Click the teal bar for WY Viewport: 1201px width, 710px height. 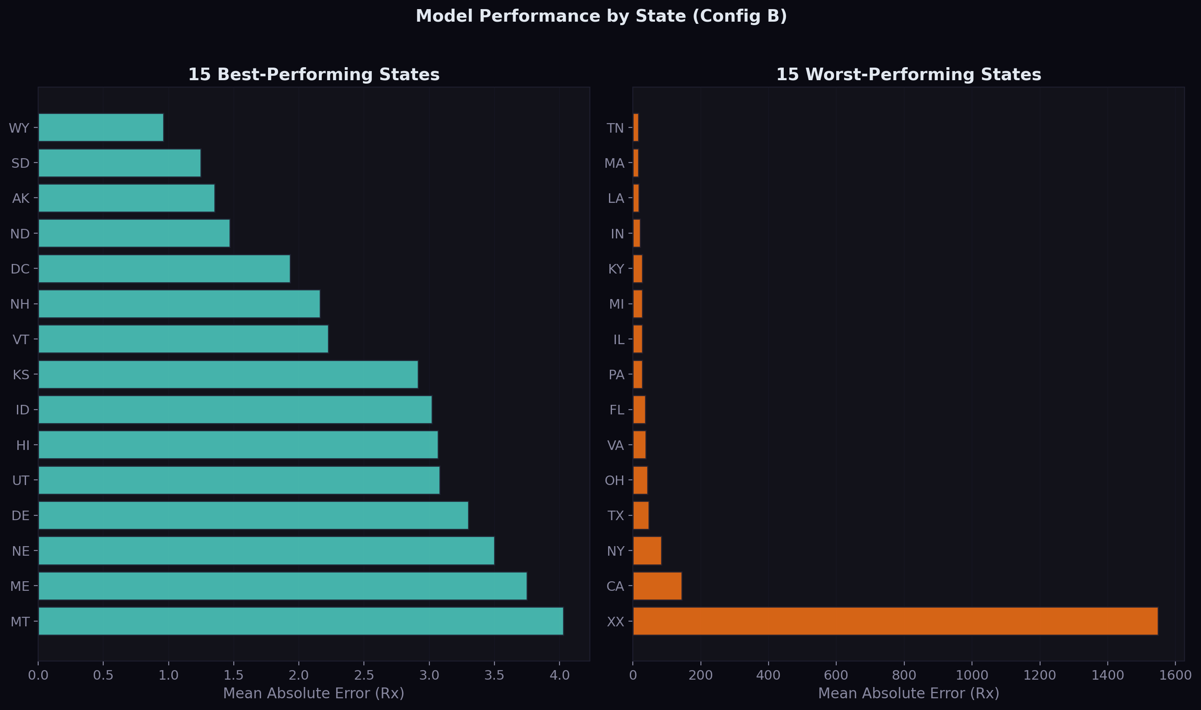click(101, 128)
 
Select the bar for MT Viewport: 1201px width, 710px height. click(301, 622)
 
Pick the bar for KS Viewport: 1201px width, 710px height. click(228, 375)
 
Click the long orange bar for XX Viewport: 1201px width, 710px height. click(895, 622)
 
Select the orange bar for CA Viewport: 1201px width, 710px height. click(657, 586)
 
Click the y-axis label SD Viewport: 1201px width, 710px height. click(20, 163)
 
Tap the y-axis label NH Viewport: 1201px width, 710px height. click(20, 304)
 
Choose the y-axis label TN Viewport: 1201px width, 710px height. click(615, 128)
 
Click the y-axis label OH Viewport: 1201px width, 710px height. click(615, 481)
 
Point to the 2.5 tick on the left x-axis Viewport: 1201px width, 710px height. click(364, 676)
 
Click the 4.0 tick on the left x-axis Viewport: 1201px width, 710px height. click(559, 676)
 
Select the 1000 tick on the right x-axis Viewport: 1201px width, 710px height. click(972, 676)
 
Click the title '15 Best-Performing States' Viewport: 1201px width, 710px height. click(314, 75)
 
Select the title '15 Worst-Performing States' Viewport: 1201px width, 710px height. click(909, 75)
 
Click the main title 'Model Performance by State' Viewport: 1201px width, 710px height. click(601, 16)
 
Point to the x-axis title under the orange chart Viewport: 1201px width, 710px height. click(909, 693)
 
